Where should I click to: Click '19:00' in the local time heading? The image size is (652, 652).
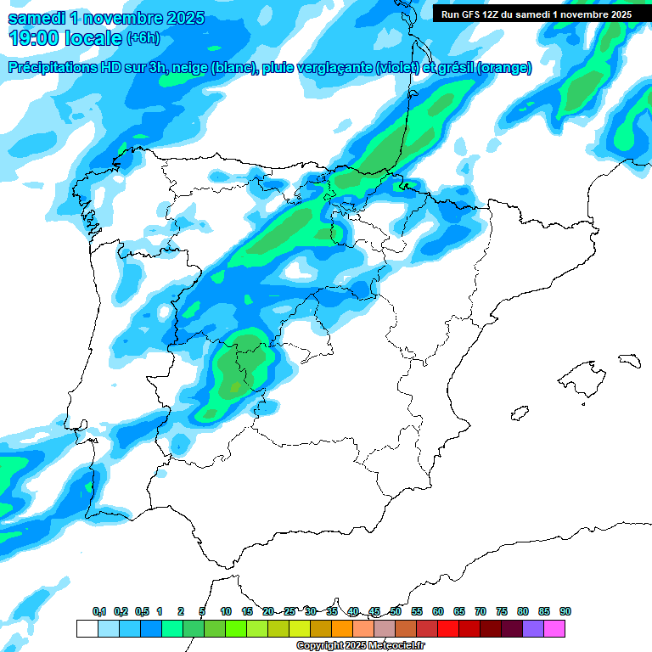click(x=33, y=38)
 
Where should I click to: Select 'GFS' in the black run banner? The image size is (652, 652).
click(x=470, y=14)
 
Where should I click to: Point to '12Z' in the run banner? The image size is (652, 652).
click(x=494, y=14)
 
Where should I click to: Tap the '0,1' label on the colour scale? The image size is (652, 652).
click(x=98, y=611)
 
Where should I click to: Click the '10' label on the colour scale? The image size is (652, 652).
click(x=226, y=611)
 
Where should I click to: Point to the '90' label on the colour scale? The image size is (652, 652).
click(x=565, y=611)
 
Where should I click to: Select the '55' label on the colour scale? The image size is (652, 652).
click(x=417, y=611)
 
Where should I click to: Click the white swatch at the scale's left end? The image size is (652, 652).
click(x=87, y=629)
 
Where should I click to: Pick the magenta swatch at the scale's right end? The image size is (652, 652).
click(x=554, y=629)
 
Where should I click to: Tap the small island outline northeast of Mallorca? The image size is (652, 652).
click(x=629, y=361)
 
